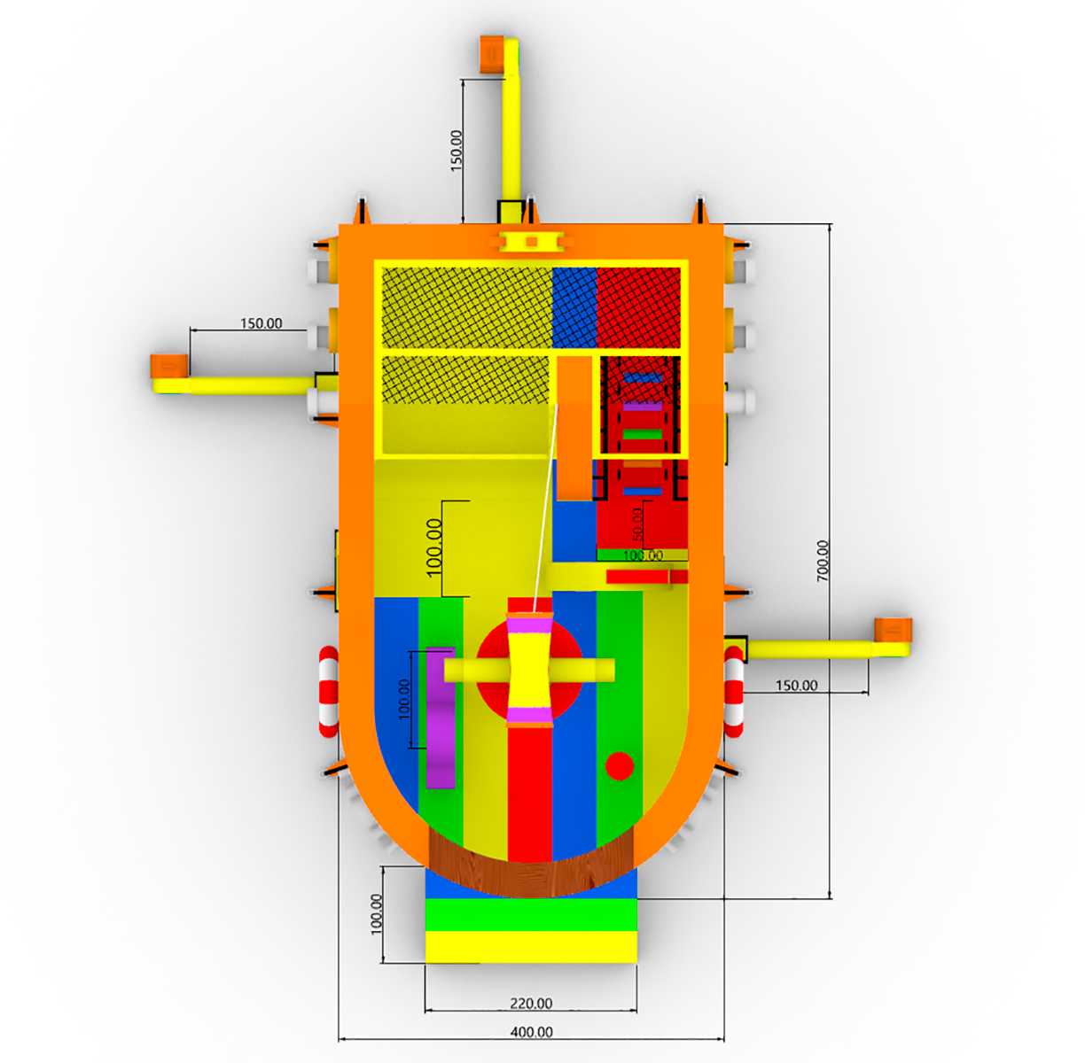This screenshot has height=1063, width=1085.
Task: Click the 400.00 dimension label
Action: (x=531, y=1032)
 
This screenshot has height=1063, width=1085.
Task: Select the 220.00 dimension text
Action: (x=531, y=1004)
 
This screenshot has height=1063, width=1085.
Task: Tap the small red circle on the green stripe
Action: (x=620, y=766)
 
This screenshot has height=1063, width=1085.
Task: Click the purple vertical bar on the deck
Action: (x=441, y=718)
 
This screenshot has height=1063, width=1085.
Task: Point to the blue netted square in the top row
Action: (x=574, y=307)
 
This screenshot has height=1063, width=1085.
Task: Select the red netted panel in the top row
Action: (x=638, y=307)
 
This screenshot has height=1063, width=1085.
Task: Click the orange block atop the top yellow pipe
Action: (x=492, y=54)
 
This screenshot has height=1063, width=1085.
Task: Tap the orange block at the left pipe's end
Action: (x=169, y=366)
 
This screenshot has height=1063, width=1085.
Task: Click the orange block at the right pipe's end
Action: (x=893, y=630)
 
